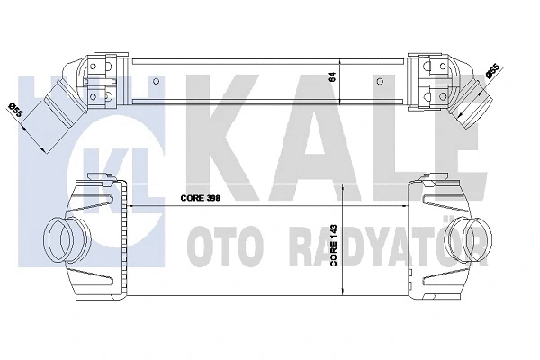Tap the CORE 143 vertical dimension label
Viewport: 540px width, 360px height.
[x=335, y=244]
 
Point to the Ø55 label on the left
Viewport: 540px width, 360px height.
[x=15, y=112]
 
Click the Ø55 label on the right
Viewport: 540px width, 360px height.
[x=493, y=71]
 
